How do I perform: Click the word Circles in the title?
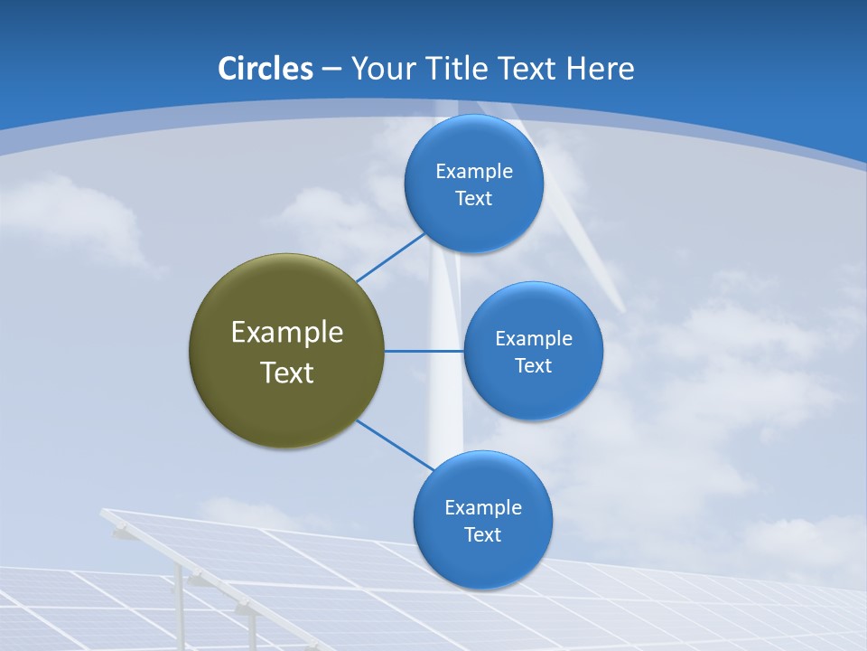tap(265, 69)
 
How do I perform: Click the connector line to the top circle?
tap(391, 257)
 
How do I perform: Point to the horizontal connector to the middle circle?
tap(424, 351)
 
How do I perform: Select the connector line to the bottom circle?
tap(394, 445)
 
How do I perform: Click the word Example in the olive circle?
tap(286, 333)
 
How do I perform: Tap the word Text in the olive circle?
tap(286, 373)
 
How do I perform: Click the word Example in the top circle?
tap(473, 172)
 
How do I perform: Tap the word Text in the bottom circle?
tap(482, 534)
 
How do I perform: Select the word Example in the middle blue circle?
tap(533, 339)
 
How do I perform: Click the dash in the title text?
tap(331, 69)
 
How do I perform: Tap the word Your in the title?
tap(374, 69)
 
